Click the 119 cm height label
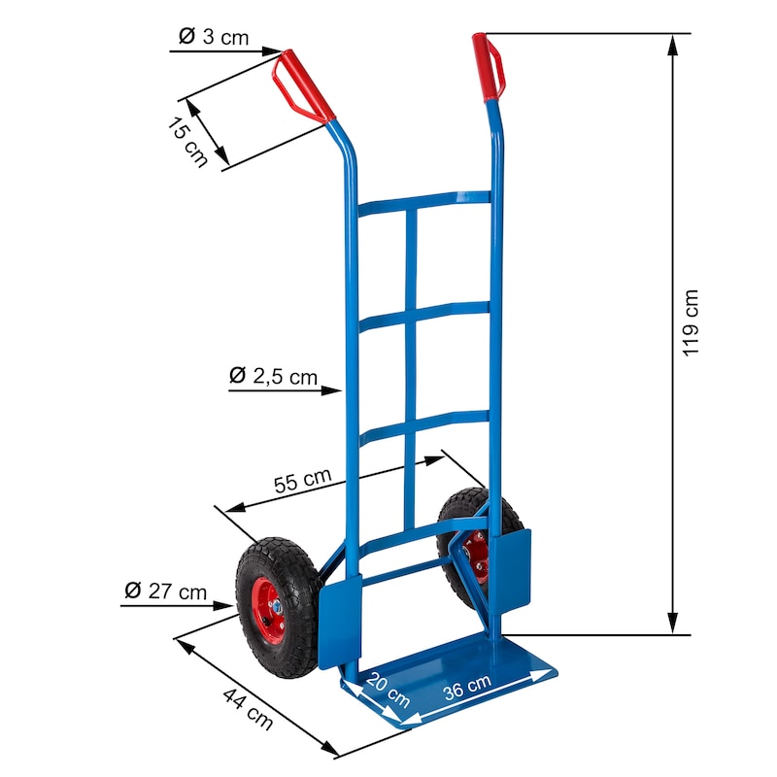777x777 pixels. [x=690, y=322]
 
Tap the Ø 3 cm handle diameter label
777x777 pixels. [x=214, y=37]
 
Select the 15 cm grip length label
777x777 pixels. [x=186, y=142]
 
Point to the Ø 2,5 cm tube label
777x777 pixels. [x=273, y=376]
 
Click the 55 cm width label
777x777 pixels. [x=302, y=480]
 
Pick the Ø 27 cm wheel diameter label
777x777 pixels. [x=165, y=591]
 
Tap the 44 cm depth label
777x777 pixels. [x=248, y=709]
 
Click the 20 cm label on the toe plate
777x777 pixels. [x=388, y=691]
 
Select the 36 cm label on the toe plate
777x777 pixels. [x=467, y=687]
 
